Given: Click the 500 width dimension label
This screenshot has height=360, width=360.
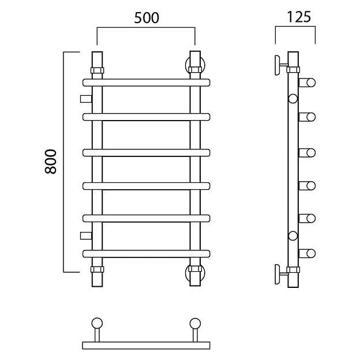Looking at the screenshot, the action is click(x=147, y=18).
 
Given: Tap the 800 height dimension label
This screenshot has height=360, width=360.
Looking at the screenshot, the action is click(x=51, y=162).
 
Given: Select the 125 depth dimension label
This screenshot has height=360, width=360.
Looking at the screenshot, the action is click(x=299, y=17).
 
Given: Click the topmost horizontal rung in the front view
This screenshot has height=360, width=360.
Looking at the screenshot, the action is click(x=147, y=82).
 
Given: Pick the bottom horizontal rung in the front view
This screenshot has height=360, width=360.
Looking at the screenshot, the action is click(x=147, y=254).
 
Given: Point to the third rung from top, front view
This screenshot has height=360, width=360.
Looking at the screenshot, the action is click(x=147, y=153).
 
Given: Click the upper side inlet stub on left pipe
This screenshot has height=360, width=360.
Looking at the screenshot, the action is click(x=86, y=99).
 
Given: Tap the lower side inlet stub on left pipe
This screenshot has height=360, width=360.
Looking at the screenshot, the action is click(x=86, y=236).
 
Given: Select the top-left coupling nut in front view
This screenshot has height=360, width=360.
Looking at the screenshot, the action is click(x=97, y=70).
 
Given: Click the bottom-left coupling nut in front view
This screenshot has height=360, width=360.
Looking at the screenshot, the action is click(x=97, y=269).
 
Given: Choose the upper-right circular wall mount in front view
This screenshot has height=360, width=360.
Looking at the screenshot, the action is click(x=195, y=65).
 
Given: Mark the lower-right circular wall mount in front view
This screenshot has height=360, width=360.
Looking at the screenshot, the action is click(x=195, y=273).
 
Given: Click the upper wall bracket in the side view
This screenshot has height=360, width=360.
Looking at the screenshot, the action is click(x=281, y=65).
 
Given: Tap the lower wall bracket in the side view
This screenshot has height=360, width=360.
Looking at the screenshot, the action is click(x=281, y=274).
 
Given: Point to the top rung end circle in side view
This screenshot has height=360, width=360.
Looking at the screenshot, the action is click(x=311, y=82).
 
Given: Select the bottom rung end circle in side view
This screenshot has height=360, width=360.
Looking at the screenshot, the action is click(x=311, y=254).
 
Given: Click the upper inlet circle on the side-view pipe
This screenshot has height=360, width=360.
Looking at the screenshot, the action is click(x=293, y=99).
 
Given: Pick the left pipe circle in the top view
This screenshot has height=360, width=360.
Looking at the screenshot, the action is click(x=97, y=324).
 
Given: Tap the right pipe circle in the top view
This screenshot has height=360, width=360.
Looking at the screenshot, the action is click(x=195, y=324).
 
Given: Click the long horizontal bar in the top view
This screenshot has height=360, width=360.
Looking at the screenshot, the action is click(x=147, y=346).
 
